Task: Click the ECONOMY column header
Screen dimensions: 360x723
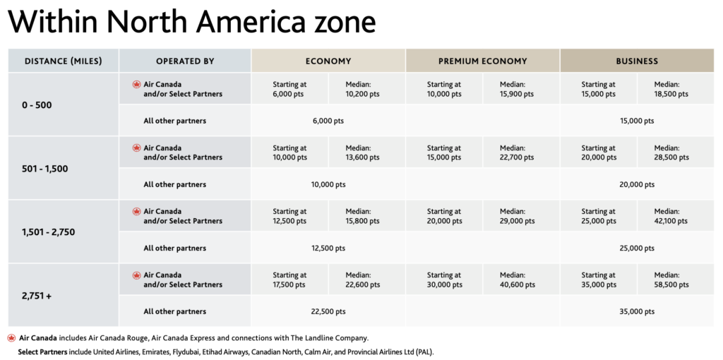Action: tap(328, 61)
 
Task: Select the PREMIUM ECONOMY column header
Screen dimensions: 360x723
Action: tap(482, 61)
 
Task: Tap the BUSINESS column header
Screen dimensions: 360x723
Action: tap(636, 61)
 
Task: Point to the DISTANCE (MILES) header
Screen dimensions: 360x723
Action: tap(64, 61)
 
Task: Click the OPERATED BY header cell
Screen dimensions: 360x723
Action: tap(185, 61)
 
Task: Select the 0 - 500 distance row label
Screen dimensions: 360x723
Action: tap(37, 105)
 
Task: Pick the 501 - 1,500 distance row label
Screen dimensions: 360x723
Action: tap(44, 169)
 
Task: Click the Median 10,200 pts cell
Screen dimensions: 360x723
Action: tap(362, 89)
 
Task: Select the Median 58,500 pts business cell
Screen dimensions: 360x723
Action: tap(671, 280)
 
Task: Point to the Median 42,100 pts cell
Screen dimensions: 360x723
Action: tap(671, 216)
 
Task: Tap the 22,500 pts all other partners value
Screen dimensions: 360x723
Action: tap(328, 311)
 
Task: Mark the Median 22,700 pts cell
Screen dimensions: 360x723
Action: tap(517, 152)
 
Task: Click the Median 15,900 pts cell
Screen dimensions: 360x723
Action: tap(517, 89)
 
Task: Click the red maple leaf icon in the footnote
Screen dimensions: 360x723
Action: tap(11, 338)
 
